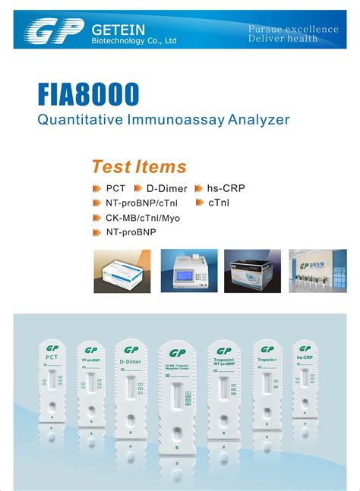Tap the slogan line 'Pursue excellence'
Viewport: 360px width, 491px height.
coord(293,29)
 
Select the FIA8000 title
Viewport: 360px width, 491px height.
coord(89,95)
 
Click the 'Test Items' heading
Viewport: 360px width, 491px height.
coord(138,167)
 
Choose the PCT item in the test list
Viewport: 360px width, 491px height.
coord(115,188)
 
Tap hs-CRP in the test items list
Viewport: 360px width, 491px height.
coord(226,188)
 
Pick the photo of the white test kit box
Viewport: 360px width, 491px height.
coord(122,271)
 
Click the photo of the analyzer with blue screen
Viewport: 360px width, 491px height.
coord(189,271)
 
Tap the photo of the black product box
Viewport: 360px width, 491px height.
coord(252,271)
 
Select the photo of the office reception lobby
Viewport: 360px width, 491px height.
coord(317,271)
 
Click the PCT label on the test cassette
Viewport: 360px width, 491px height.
coord(52,357)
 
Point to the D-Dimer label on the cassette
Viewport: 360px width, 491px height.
coord(131,362)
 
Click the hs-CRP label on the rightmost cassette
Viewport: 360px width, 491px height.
coord(305,357)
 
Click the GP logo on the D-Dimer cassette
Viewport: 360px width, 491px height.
coord(131,350)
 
